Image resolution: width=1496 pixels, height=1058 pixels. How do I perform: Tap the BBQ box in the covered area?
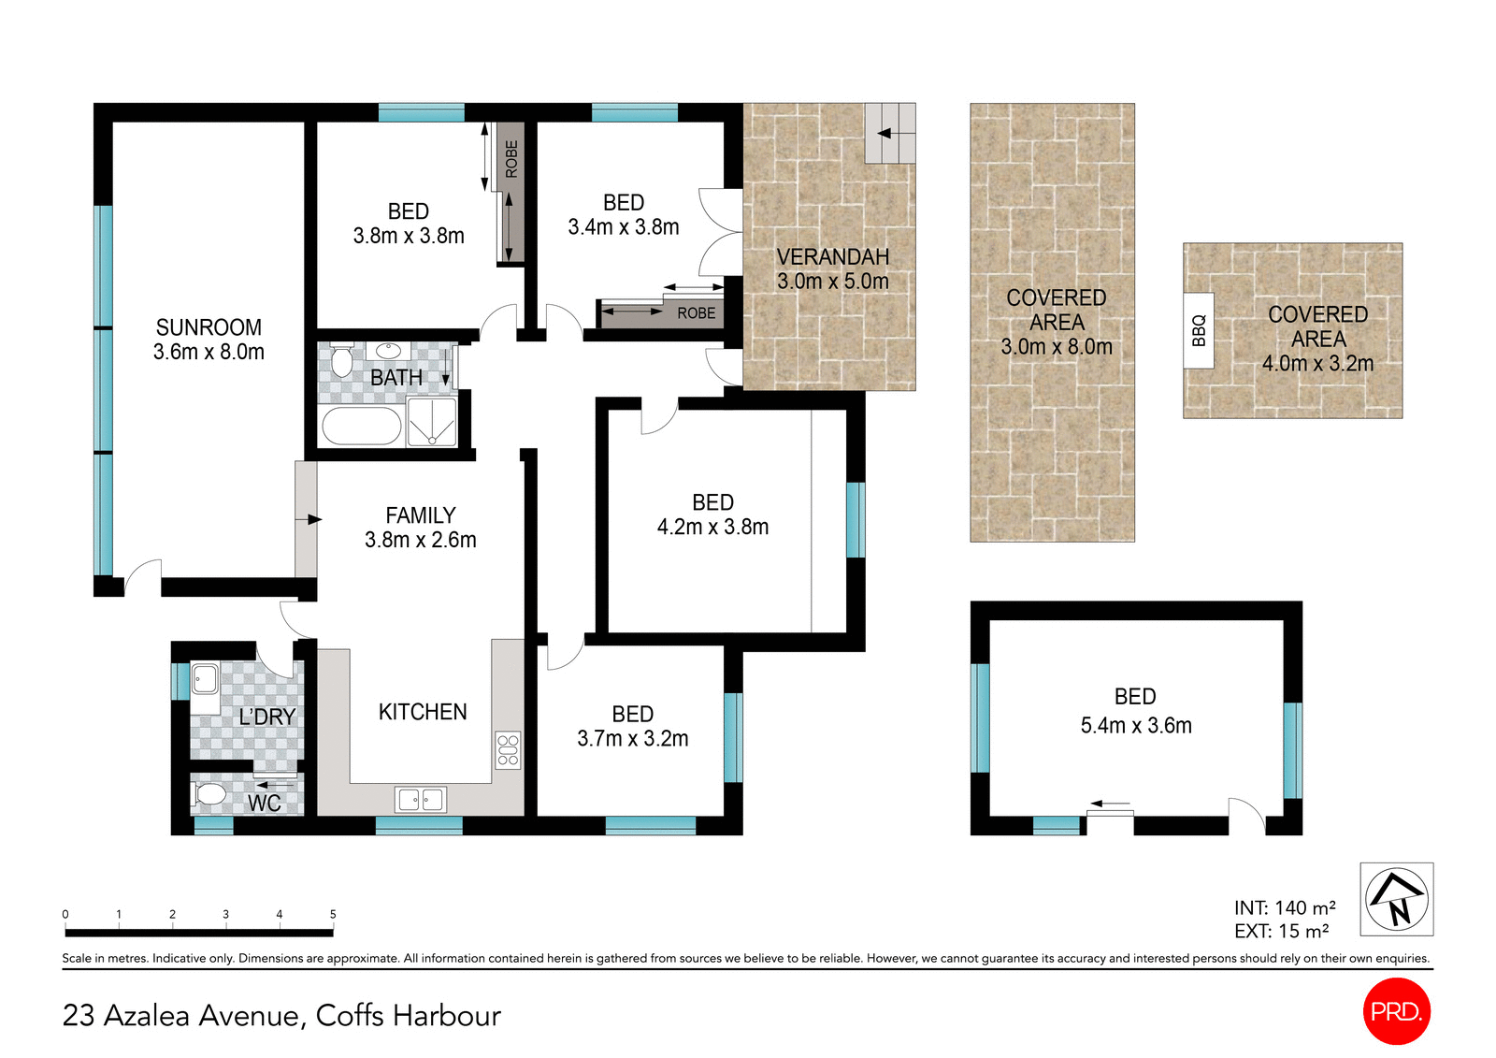click(1199, 330)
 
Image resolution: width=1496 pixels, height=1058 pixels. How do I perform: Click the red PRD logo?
click(1396, 1011)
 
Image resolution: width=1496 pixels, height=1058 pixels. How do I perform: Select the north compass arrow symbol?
click(1396, 899)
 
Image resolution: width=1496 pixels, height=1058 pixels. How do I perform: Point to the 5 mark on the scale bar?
click(333, 915)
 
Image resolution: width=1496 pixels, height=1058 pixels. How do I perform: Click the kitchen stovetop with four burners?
click(508, 750)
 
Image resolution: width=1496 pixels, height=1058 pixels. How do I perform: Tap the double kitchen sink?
click(421, 800)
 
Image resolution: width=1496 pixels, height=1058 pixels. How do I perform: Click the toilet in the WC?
click(209, 795)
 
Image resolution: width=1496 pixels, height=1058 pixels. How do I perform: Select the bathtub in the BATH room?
click(361, 427)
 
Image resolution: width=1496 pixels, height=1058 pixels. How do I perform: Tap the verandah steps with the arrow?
click(889, 133)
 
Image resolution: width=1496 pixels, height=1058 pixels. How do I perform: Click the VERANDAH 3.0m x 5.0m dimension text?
click(832, 282)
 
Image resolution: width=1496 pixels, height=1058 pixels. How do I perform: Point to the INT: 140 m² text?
click(1284, 907)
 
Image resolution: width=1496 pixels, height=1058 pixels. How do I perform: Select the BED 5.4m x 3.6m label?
click(1135, 711)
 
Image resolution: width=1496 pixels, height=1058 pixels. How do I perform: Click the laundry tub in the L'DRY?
click(205, 678)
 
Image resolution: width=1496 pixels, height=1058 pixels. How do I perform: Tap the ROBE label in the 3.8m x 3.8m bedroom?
click(511, 159)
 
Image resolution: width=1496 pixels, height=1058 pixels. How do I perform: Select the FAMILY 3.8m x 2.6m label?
click(420, 528)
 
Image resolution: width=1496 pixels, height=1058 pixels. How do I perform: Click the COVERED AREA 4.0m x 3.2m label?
click(1317, 339)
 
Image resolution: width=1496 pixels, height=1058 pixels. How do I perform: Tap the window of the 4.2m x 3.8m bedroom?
click(856, 520)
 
